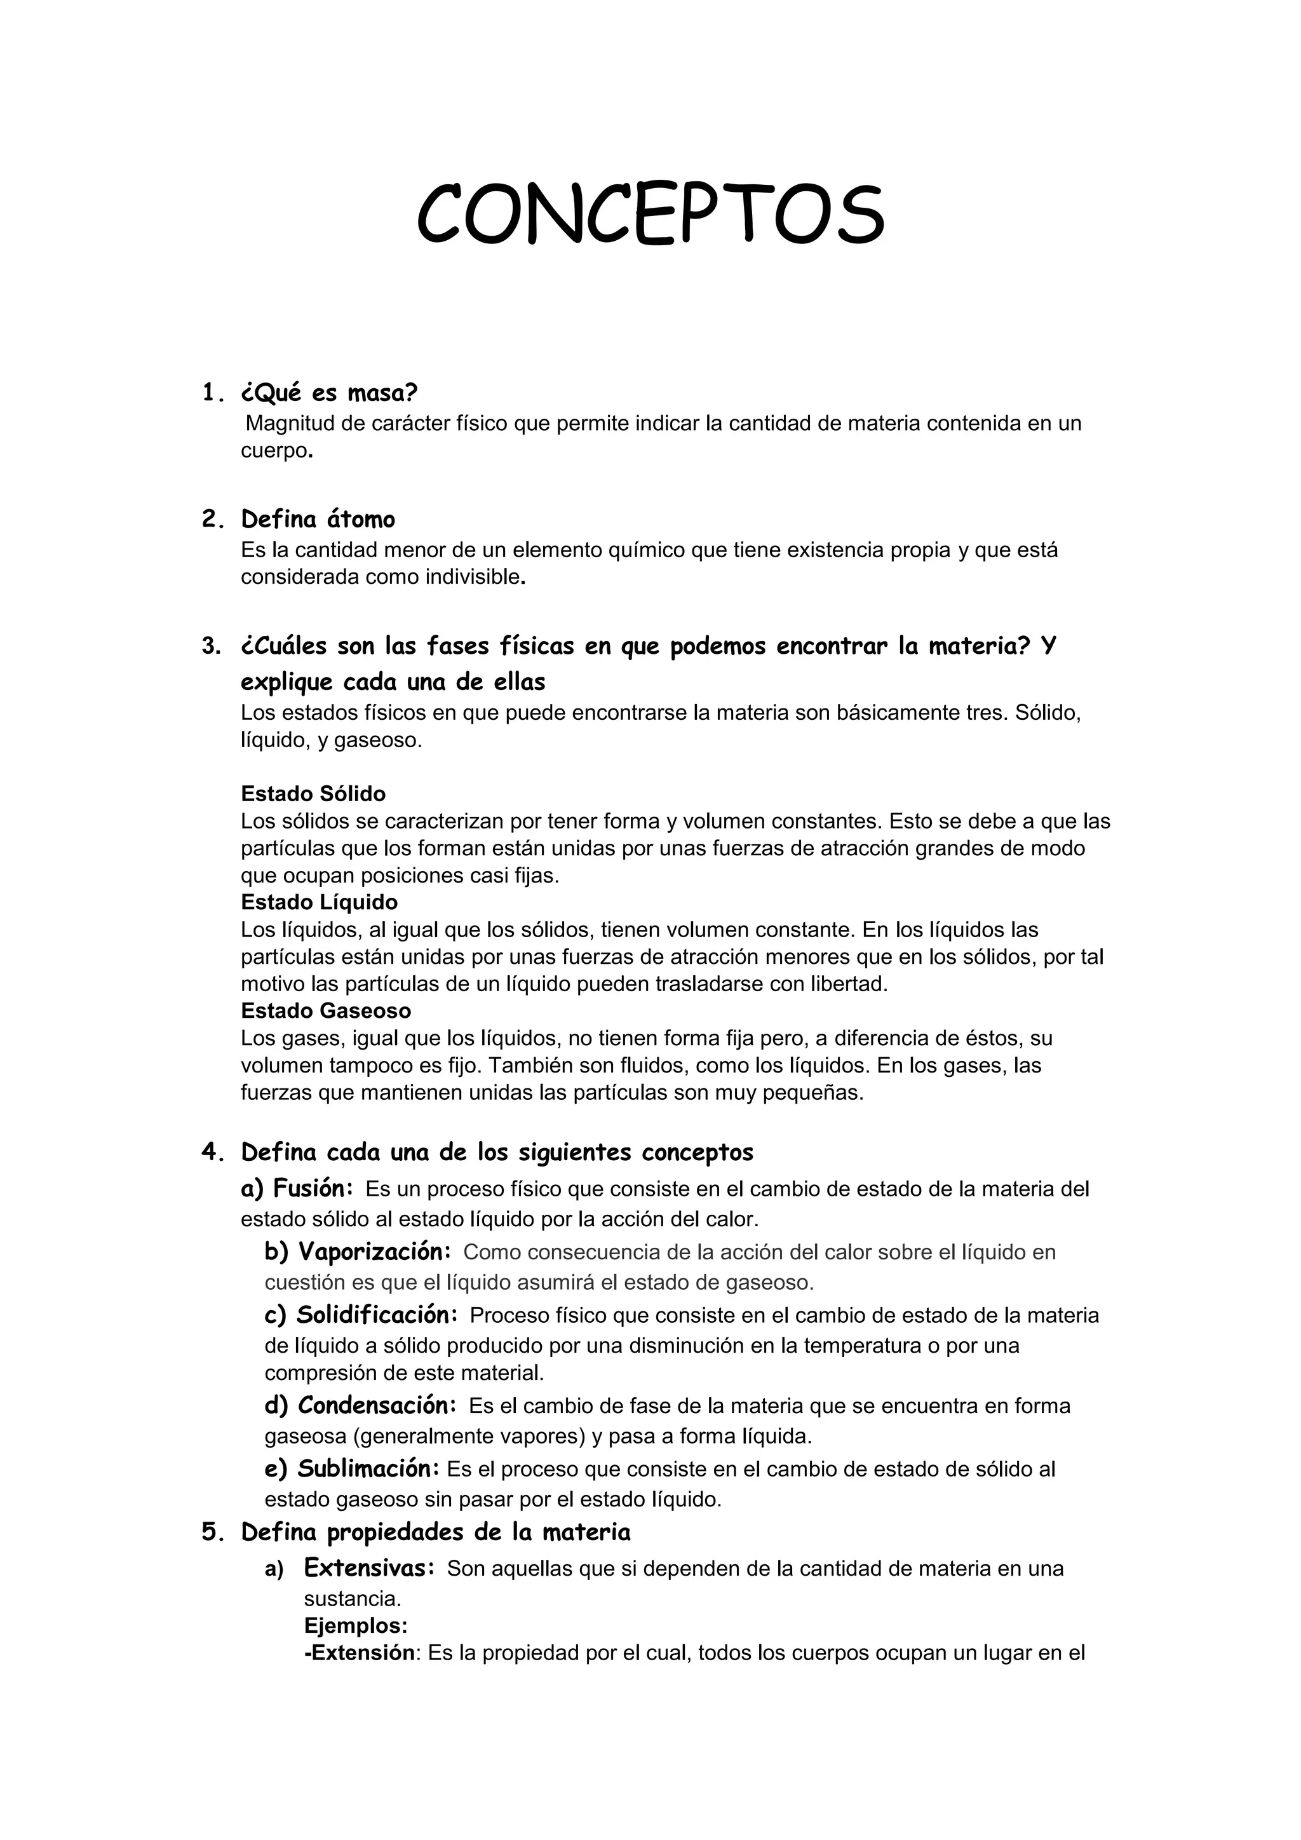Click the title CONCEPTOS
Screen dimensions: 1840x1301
650,214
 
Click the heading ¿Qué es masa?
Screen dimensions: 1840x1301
329,393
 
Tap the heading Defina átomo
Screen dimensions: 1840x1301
318,520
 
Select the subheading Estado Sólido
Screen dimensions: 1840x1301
313,794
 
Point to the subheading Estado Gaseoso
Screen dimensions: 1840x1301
325,1011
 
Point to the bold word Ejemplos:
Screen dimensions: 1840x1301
356,1626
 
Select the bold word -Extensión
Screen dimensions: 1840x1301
360,1653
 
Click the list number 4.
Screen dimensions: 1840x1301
211,1153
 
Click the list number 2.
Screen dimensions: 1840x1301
211,520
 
